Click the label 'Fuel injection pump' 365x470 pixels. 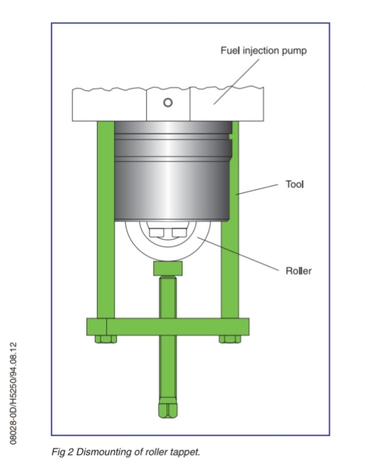[263, 50]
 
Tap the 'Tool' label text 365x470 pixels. [294, 184]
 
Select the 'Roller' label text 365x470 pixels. [298, 271]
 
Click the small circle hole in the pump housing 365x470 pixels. [168, 103]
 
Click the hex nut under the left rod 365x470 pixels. [105, 339]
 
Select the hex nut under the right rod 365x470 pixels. [228, 339]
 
